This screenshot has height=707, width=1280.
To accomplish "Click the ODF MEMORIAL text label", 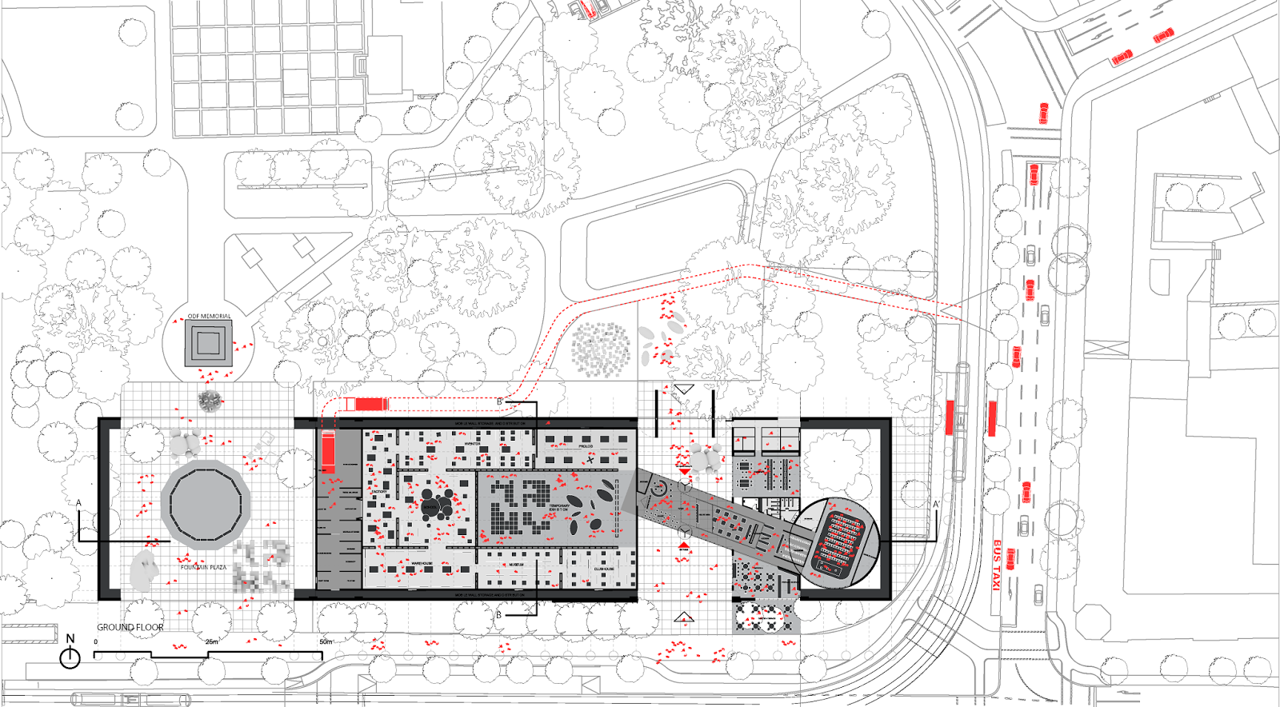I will click(209, 317).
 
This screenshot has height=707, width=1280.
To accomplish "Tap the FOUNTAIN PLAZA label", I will click(203, 567).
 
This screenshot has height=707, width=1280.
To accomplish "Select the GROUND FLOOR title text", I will click(130, 628).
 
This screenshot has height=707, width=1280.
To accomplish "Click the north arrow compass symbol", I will click(70, 657).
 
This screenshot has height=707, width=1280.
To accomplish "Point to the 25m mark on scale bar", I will click(211, 642).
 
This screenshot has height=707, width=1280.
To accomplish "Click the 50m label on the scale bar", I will click(326, 642).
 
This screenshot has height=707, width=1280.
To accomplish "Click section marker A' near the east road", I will click(936, 505).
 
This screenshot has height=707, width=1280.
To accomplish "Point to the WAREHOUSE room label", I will click(422, 564).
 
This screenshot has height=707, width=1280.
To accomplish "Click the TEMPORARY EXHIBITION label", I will click(559, 508).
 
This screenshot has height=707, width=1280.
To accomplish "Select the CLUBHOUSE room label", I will click(604, 569).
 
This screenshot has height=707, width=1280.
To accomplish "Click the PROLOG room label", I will click(586, 446).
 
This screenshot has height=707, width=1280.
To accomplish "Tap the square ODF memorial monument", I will click(208, 343).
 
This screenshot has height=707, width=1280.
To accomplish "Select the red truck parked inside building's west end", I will click(329, 452).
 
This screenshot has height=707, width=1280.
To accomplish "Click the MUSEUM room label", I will click(516, 565).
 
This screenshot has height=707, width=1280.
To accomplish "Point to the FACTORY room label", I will click(378, 493).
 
